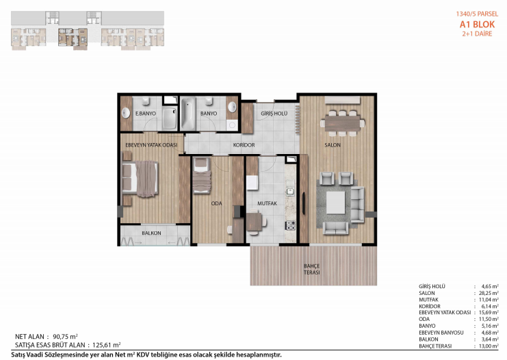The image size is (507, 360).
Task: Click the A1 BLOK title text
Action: [477, 24]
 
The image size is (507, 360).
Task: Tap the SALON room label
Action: [333, 145]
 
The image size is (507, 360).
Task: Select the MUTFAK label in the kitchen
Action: [267, 203]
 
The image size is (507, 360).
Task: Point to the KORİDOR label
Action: [244, 145]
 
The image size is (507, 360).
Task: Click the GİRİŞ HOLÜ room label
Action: [274, 114]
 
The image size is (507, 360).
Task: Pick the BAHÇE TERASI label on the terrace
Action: [312, 269]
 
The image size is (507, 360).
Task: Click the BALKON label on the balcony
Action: [151, 233]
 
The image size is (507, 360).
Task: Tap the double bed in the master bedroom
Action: [140, 179]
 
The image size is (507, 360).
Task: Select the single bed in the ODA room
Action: [201, 176]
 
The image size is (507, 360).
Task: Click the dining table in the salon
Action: [342, 123]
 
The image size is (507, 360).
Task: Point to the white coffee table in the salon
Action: [336, 203]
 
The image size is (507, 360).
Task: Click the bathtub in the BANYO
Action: [188, 114]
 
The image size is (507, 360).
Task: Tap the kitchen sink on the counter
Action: [290, 192]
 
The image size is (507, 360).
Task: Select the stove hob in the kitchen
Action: [290, 225]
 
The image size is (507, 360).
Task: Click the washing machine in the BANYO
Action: [232, 125]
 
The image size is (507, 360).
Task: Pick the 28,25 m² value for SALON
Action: [489, 293]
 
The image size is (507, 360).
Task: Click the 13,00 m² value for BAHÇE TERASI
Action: [489, 346]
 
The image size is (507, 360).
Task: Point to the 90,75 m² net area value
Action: [65, 337]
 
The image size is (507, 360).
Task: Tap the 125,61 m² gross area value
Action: [106, 345]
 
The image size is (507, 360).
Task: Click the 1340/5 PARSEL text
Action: [477, 14]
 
